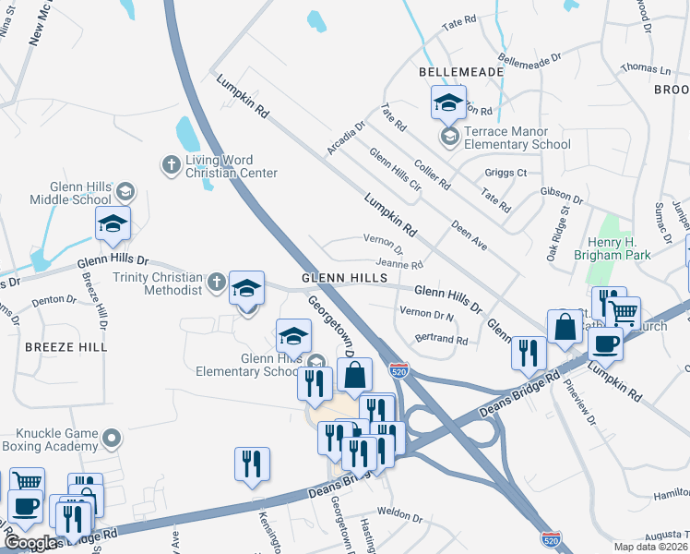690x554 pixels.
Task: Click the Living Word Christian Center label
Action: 232,166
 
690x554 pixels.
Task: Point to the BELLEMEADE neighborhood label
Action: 461,71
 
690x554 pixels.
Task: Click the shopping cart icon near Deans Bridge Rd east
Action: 625,314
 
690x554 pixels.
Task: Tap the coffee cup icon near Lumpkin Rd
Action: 605,343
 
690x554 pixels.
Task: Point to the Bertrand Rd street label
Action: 442,341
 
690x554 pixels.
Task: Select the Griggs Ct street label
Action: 506,173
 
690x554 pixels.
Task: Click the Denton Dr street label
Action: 54,300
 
